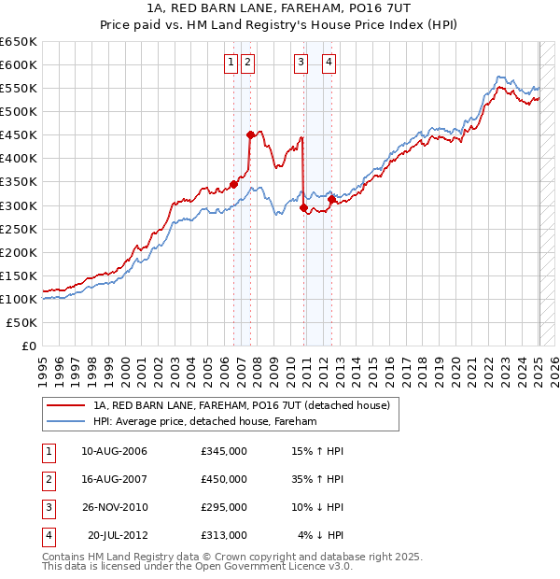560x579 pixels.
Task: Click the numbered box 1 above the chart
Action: [231, 63]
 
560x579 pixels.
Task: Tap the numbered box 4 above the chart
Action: [330, 63]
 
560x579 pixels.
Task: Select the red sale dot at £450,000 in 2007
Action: [250, 134]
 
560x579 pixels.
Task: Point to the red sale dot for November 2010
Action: [303, 207]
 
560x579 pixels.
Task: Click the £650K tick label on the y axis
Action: [19, 42]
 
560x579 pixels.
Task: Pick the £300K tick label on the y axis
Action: [19, 205]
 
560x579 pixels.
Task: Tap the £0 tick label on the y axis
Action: [29, 346]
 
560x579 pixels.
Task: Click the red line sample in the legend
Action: [64, 405]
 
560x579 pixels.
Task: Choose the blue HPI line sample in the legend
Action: [64, 421]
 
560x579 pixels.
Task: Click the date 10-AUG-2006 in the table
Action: [114, 452]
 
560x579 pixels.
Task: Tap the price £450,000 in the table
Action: [223, 479]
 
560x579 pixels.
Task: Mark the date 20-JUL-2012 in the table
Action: [117, 535]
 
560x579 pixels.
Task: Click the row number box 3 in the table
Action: [47, 507]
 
